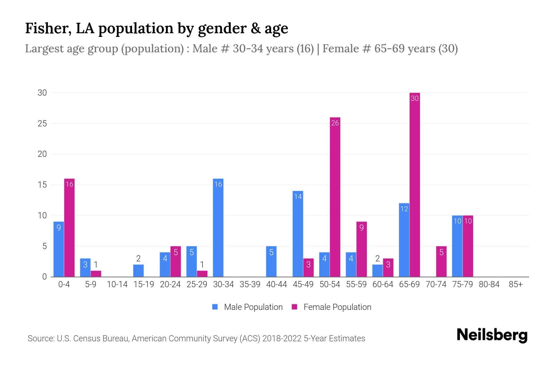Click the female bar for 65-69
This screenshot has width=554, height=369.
[x=415, y=184]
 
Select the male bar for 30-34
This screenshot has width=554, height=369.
[x=218, y=228]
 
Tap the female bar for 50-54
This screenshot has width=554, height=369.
[x=335, y=197]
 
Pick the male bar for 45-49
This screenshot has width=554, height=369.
[x=298, y=234]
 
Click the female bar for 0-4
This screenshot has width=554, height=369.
[x=69, y=228]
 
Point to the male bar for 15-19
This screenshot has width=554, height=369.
[x=138, y=271]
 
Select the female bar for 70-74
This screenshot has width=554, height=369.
[x=441, y=261]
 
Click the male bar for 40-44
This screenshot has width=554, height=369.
[x=271, y=261]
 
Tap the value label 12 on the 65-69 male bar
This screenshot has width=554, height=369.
[x=404, y=209]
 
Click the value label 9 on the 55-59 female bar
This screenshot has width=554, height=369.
[x=361, y=228]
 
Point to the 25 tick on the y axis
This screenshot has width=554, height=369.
[x=42, y=124]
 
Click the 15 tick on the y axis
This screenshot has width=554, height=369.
[x=42, y=185]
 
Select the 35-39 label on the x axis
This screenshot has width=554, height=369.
[x=250, y=284]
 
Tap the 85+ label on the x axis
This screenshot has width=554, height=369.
[x=516, y=284]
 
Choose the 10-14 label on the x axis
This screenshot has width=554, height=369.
[x=117, y=284]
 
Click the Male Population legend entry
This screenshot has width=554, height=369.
[x=247, y=307]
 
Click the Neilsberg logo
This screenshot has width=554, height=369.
[x=492, y=335]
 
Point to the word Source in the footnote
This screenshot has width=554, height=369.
[x=40, y=339]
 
